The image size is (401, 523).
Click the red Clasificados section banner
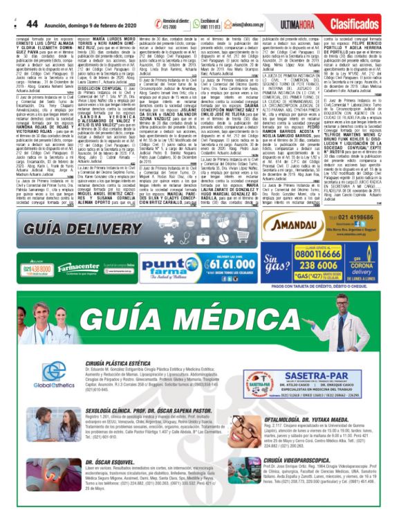357,7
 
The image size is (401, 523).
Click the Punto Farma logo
171,265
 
